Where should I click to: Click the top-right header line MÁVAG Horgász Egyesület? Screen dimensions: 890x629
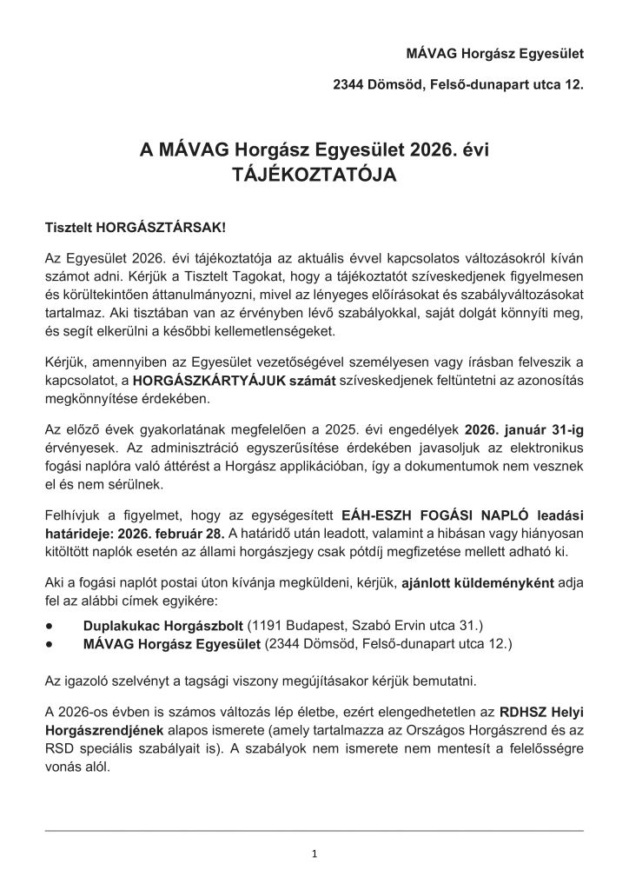click(495, 54)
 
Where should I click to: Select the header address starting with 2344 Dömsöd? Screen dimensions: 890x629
click(459, 86)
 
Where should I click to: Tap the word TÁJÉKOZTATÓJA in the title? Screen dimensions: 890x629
click(314, 174)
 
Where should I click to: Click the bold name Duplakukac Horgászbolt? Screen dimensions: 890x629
click(163, 625)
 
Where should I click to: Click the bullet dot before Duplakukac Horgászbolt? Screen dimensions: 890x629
click(51, 625)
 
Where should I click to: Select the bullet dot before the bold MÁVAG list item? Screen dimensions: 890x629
click(51, 643)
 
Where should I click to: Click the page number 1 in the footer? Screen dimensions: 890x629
click(314, 853)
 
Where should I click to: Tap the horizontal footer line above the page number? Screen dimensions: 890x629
click(314, 831)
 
